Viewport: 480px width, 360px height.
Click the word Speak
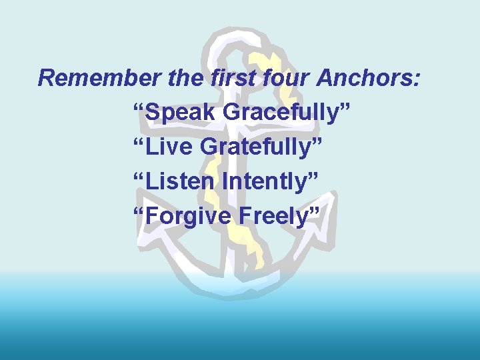pyautogui.click(x=179, y=113)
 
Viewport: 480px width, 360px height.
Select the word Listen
pyautogui.click(x=178, y=180)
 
